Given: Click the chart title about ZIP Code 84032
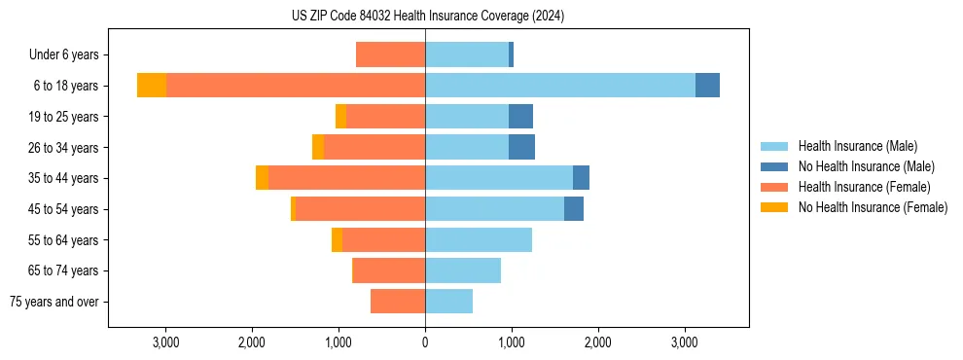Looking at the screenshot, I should coord(427,17).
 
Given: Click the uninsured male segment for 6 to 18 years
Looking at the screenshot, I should coord(707,86).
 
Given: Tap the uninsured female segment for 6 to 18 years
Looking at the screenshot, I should coord(152,86).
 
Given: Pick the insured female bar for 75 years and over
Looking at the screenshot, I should coord(398,302).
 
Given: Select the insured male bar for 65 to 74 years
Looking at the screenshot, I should coord(463,270).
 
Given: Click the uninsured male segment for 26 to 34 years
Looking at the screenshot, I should coord(521,147).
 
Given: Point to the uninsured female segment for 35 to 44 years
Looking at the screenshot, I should coord(262,178).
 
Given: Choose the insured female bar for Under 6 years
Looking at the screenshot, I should coord(390,54).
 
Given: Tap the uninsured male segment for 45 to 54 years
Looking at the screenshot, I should coord(574,209).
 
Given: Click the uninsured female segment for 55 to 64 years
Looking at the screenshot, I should coord(337,239).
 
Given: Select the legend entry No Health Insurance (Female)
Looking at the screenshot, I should coord(873,207).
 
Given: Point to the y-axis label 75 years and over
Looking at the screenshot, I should coord(54,302).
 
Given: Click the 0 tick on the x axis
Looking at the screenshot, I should coord(425,342).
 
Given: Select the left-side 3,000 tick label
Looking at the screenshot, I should coord(165,342).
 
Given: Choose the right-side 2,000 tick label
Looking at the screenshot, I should coord(597,342).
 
